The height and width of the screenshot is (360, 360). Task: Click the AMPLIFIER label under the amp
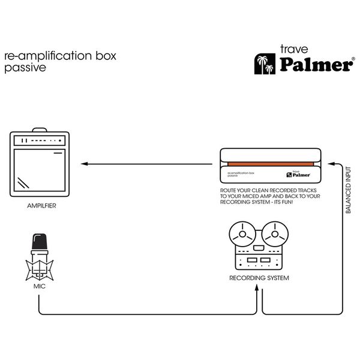click(x=42, y=206)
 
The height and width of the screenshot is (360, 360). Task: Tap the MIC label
click(x=40, y=287)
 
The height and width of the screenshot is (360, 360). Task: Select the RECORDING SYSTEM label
click(x=259, y=278)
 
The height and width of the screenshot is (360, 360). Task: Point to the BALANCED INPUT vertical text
click(x=349, y=191)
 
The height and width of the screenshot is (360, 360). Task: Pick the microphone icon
click(x=40, y=256)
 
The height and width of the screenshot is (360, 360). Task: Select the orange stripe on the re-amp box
click(x=271, y=163)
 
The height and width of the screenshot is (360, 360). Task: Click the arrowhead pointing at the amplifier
click(x=84, y=164)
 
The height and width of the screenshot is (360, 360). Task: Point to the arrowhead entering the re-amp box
click(x=334, y=163)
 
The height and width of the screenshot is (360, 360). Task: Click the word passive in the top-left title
click(x=25, y=68)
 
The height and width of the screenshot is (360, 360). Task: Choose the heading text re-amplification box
click(x=60, y=56)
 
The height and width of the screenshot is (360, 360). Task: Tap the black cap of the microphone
click(x=40, y=241)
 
